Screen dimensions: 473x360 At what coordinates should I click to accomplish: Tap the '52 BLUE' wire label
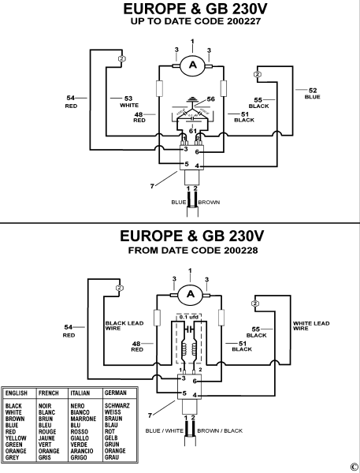313,94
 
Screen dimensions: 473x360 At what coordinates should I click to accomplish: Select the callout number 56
210,99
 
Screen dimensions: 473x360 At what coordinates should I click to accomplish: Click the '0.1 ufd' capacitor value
188,318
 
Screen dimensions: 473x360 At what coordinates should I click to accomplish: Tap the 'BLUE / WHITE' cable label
165,431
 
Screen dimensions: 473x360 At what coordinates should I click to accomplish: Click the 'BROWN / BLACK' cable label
221,431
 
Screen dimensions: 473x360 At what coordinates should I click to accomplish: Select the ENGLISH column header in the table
18,392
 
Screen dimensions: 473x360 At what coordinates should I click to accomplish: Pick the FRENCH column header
50,392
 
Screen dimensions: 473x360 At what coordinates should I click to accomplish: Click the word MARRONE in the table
83,419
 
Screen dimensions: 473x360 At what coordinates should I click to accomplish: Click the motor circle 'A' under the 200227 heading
191,66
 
